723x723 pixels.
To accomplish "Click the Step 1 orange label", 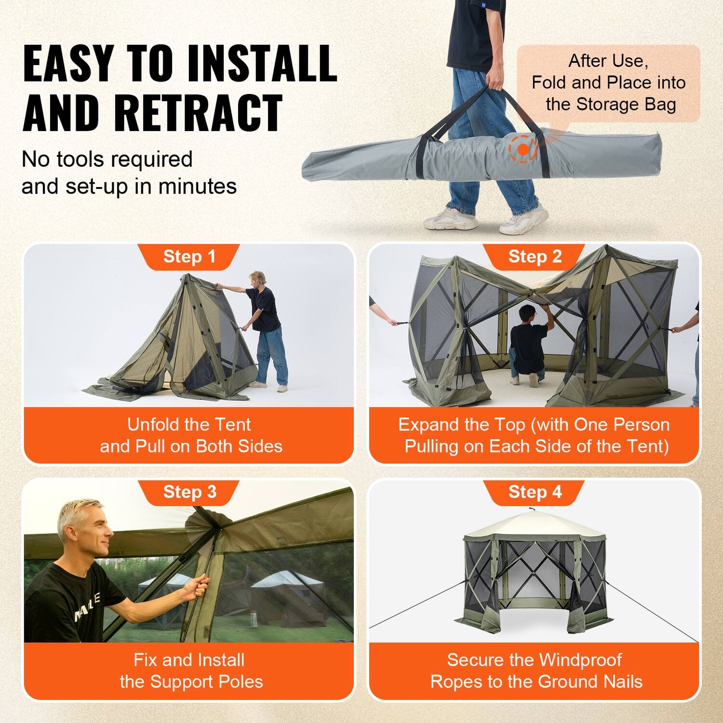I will click(189, 257).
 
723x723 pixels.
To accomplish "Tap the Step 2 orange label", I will click(535, 257).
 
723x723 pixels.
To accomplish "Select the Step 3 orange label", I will click(189, 492).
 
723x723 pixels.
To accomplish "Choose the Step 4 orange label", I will click(535, 492).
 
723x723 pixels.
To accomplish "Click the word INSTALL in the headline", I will click(262, 64).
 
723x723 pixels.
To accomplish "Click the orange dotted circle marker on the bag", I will click(523, 150).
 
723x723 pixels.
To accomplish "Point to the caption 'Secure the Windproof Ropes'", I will click(535, 670).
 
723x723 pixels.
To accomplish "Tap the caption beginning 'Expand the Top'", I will click(535, 435).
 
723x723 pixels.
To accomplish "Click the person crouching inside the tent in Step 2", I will click(528, 345).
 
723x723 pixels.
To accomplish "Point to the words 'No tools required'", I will click(107, 160).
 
